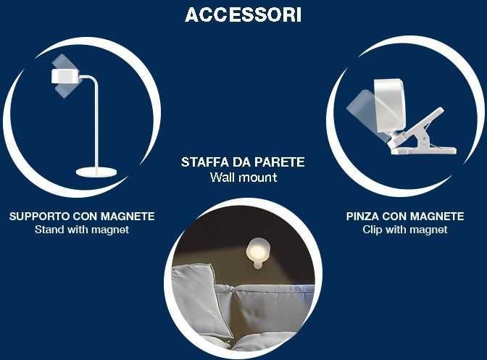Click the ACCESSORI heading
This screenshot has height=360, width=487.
243,15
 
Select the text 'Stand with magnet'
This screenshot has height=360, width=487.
82,230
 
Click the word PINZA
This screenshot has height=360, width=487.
362,217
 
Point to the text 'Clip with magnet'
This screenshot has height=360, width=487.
405,230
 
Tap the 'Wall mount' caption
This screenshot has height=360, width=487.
243,177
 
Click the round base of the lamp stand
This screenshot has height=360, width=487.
96,172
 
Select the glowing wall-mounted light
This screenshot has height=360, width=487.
257,251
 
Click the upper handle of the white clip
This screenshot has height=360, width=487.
420,124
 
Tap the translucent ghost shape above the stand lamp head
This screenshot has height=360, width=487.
63,62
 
